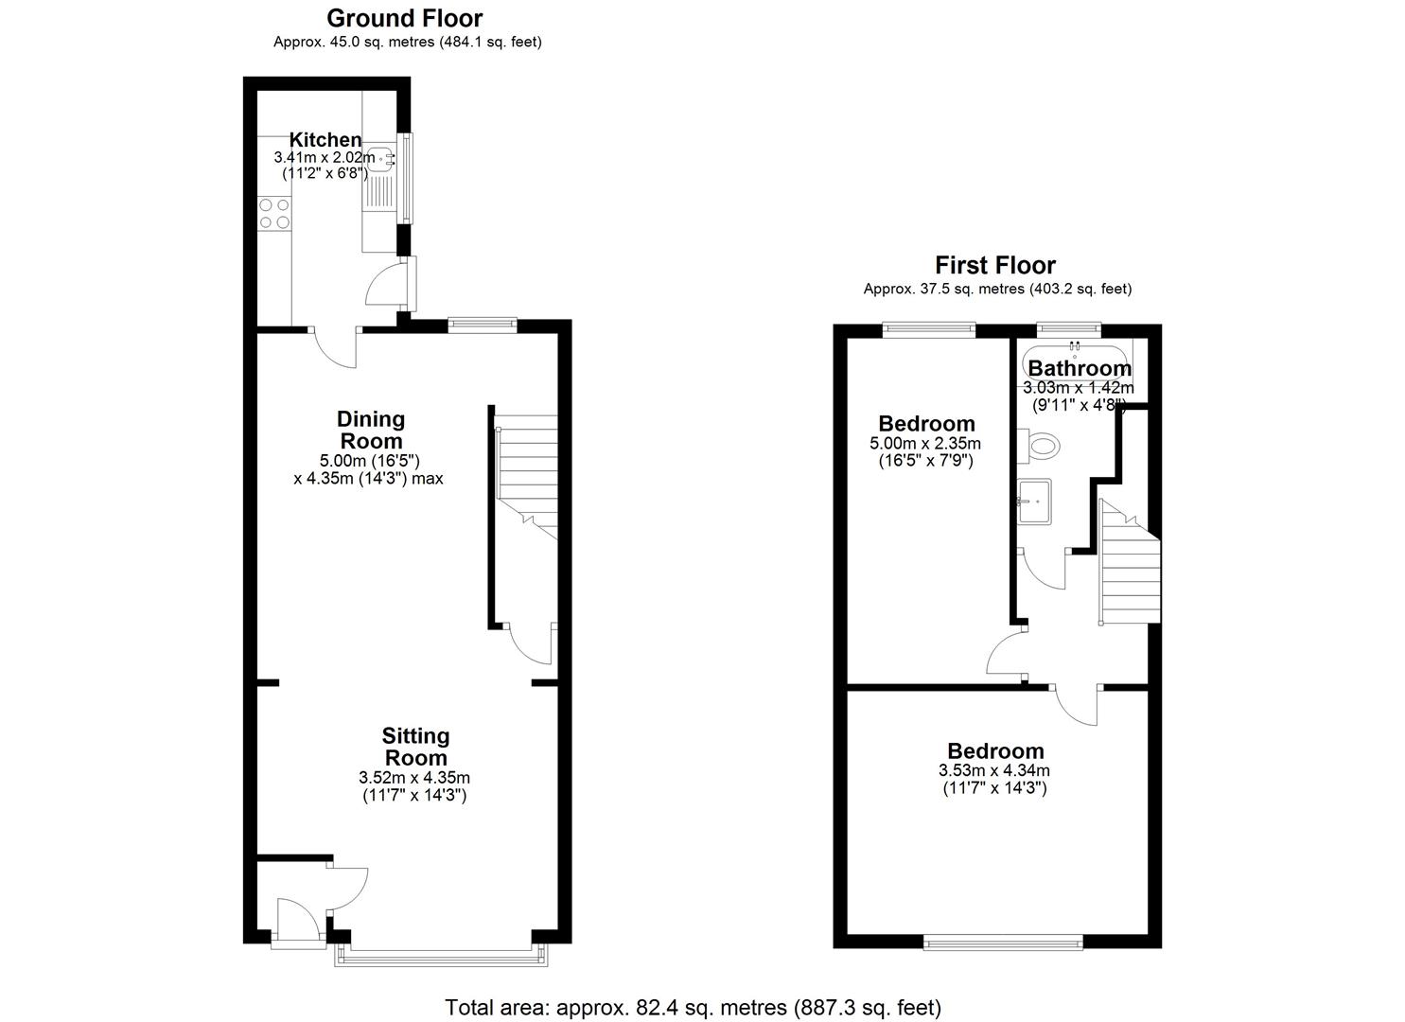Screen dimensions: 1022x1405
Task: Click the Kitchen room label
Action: [x=325, y=139]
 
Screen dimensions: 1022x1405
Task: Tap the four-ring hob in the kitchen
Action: [x=273, y=213]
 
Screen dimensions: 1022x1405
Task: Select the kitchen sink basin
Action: [x=381, y=160]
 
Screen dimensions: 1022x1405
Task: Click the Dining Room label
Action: [x=371, y=430]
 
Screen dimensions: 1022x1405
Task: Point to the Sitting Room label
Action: [x=415, y=747]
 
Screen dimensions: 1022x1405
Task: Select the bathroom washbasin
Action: [x=1034, y=501]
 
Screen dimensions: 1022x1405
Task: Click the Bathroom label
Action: [x=1080, y=368]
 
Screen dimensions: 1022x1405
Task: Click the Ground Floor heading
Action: [x=404, y=18]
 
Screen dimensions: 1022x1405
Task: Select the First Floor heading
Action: [x=995, y=265]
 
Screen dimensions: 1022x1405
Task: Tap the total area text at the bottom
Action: [x=693, y=1007]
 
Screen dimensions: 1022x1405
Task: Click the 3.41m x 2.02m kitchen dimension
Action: [x=325, y=157]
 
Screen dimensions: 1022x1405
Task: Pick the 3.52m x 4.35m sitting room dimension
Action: [x=414, y=778]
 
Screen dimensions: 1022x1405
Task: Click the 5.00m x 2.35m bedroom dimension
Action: [x=924, y=443]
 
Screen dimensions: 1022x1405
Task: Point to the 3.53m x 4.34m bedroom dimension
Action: [x=993, y=770]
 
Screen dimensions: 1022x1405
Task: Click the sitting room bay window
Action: [x=441, y=957]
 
